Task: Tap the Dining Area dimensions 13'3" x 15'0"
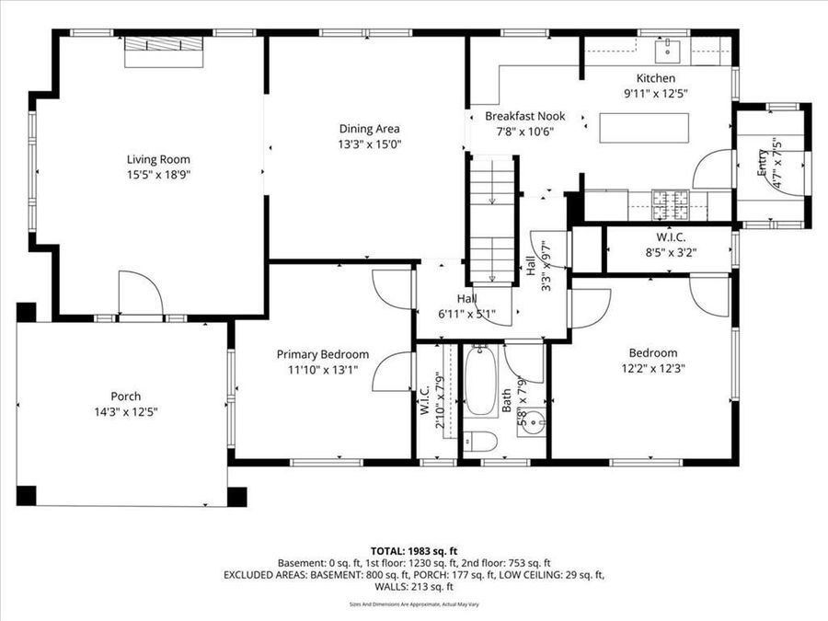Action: (369, 144)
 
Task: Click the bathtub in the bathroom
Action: (480, 383)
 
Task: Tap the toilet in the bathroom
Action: (479, 442)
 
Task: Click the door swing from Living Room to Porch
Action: (141, 293)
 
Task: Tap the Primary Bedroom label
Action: (323, 354)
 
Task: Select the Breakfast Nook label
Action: (524, 117)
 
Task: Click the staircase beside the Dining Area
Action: (491, 221)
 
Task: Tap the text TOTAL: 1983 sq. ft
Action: (414, 549)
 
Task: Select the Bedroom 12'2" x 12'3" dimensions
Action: (652, 368)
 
